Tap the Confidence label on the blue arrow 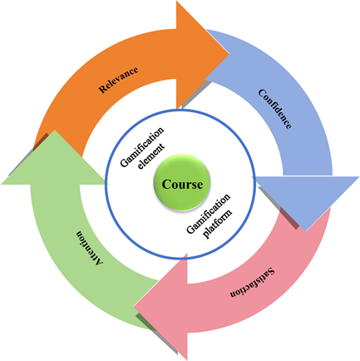(x=275, y=109)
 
